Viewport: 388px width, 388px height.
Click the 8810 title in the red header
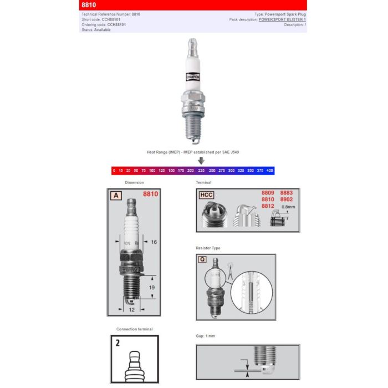pos(88,4)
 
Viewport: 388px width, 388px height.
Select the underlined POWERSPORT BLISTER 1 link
pos(282,19)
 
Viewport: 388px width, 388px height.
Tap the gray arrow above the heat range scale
pos(201,160)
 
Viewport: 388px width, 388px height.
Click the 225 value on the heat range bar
pos(201,171)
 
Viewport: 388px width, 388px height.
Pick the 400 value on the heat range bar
pos(269,171)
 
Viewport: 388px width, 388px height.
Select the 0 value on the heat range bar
pos(114,171)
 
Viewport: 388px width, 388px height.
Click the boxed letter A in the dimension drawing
pos(116,195)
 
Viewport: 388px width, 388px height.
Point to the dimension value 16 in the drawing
pos(154,242)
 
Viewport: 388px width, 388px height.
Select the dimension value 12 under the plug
pos(131,310)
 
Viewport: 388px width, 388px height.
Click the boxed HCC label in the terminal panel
pos(206,195)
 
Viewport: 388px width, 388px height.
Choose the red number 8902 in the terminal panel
pos(287,199)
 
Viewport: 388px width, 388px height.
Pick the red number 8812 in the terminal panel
pos(268,206)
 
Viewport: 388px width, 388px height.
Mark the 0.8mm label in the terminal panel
pos(287,207)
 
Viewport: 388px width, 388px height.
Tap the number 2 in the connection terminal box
pos(117,343)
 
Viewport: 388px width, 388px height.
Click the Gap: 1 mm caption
pos(206,336)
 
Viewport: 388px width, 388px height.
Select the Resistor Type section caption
pos(208,248)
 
